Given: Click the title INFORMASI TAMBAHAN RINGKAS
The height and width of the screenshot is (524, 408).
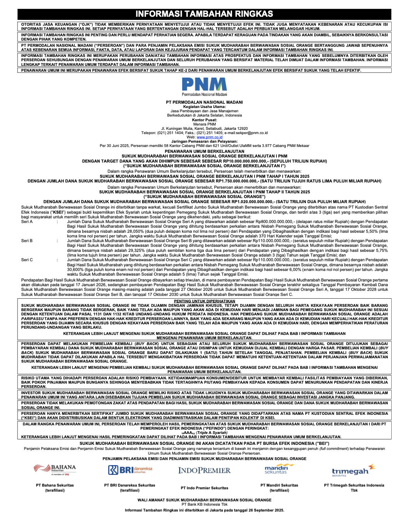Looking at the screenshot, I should [x=204, y=14].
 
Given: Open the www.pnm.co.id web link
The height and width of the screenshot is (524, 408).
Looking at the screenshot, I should [x=209, y=137].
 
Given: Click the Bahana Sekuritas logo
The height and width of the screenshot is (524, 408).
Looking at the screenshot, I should [x=55, y=470].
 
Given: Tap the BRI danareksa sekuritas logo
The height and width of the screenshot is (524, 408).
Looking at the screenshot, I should [x=130, y=470].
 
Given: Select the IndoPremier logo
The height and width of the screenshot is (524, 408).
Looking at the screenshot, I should [x=204, y=471].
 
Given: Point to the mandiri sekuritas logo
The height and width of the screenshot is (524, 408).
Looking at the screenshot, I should [x=278, y=469].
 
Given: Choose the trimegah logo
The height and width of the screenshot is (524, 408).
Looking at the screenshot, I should [x=353, y=471].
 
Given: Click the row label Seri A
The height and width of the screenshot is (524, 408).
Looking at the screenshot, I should [x=27, y=222].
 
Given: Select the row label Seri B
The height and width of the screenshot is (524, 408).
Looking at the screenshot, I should [x=27, y=241].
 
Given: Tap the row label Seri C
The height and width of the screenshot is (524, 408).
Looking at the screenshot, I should [x=27, y=260].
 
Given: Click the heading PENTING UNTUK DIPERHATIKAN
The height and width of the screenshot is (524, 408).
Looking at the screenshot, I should [x=204, y=301].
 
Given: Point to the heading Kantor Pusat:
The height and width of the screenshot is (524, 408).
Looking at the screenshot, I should [x=204, y=120].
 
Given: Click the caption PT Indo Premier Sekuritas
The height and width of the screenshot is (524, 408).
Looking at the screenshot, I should [x=204, y=488].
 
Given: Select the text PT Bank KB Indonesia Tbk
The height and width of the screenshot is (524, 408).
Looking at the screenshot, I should [x=204, y=505].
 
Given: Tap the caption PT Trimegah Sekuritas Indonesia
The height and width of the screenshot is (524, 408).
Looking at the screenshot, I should [x=354, y=485].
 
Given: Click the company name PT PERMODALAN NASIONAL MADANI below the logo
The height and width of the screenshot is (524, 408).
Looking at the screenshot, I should [x=204, y=102].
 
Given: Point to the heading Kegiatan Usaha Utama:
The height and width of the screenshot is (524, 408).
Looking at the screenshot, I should [x=204, y=107].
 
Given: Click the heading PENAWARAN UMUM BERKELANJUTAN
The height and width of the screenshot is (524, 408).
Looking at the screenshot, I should [x=204, y=151].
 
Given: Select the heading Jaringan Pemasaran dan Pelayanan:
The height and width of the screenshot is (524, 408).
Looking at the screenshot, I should [x=204, y=142].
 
